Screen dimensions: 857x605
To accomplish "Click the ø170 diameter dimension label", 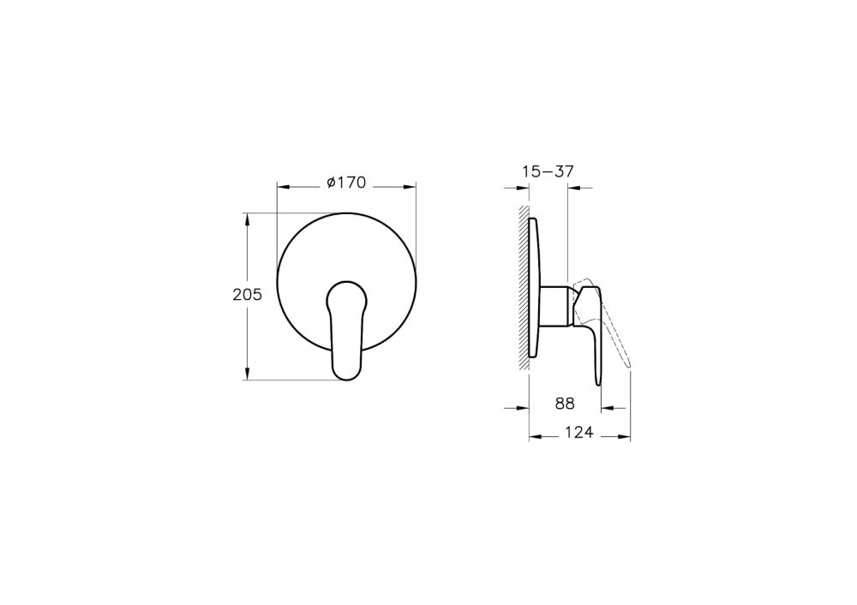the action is tap(346, 183).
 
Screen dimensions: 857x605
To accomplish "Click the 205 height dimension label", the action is tap(248, 295).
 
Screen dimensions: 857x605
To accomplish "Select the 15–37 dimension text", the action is tap(548, 171).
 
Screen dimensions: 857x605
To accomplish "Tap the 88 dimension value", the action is tap(565, 404).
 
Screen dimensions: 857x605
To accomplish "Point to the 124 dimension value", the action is tap(578, 432).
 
